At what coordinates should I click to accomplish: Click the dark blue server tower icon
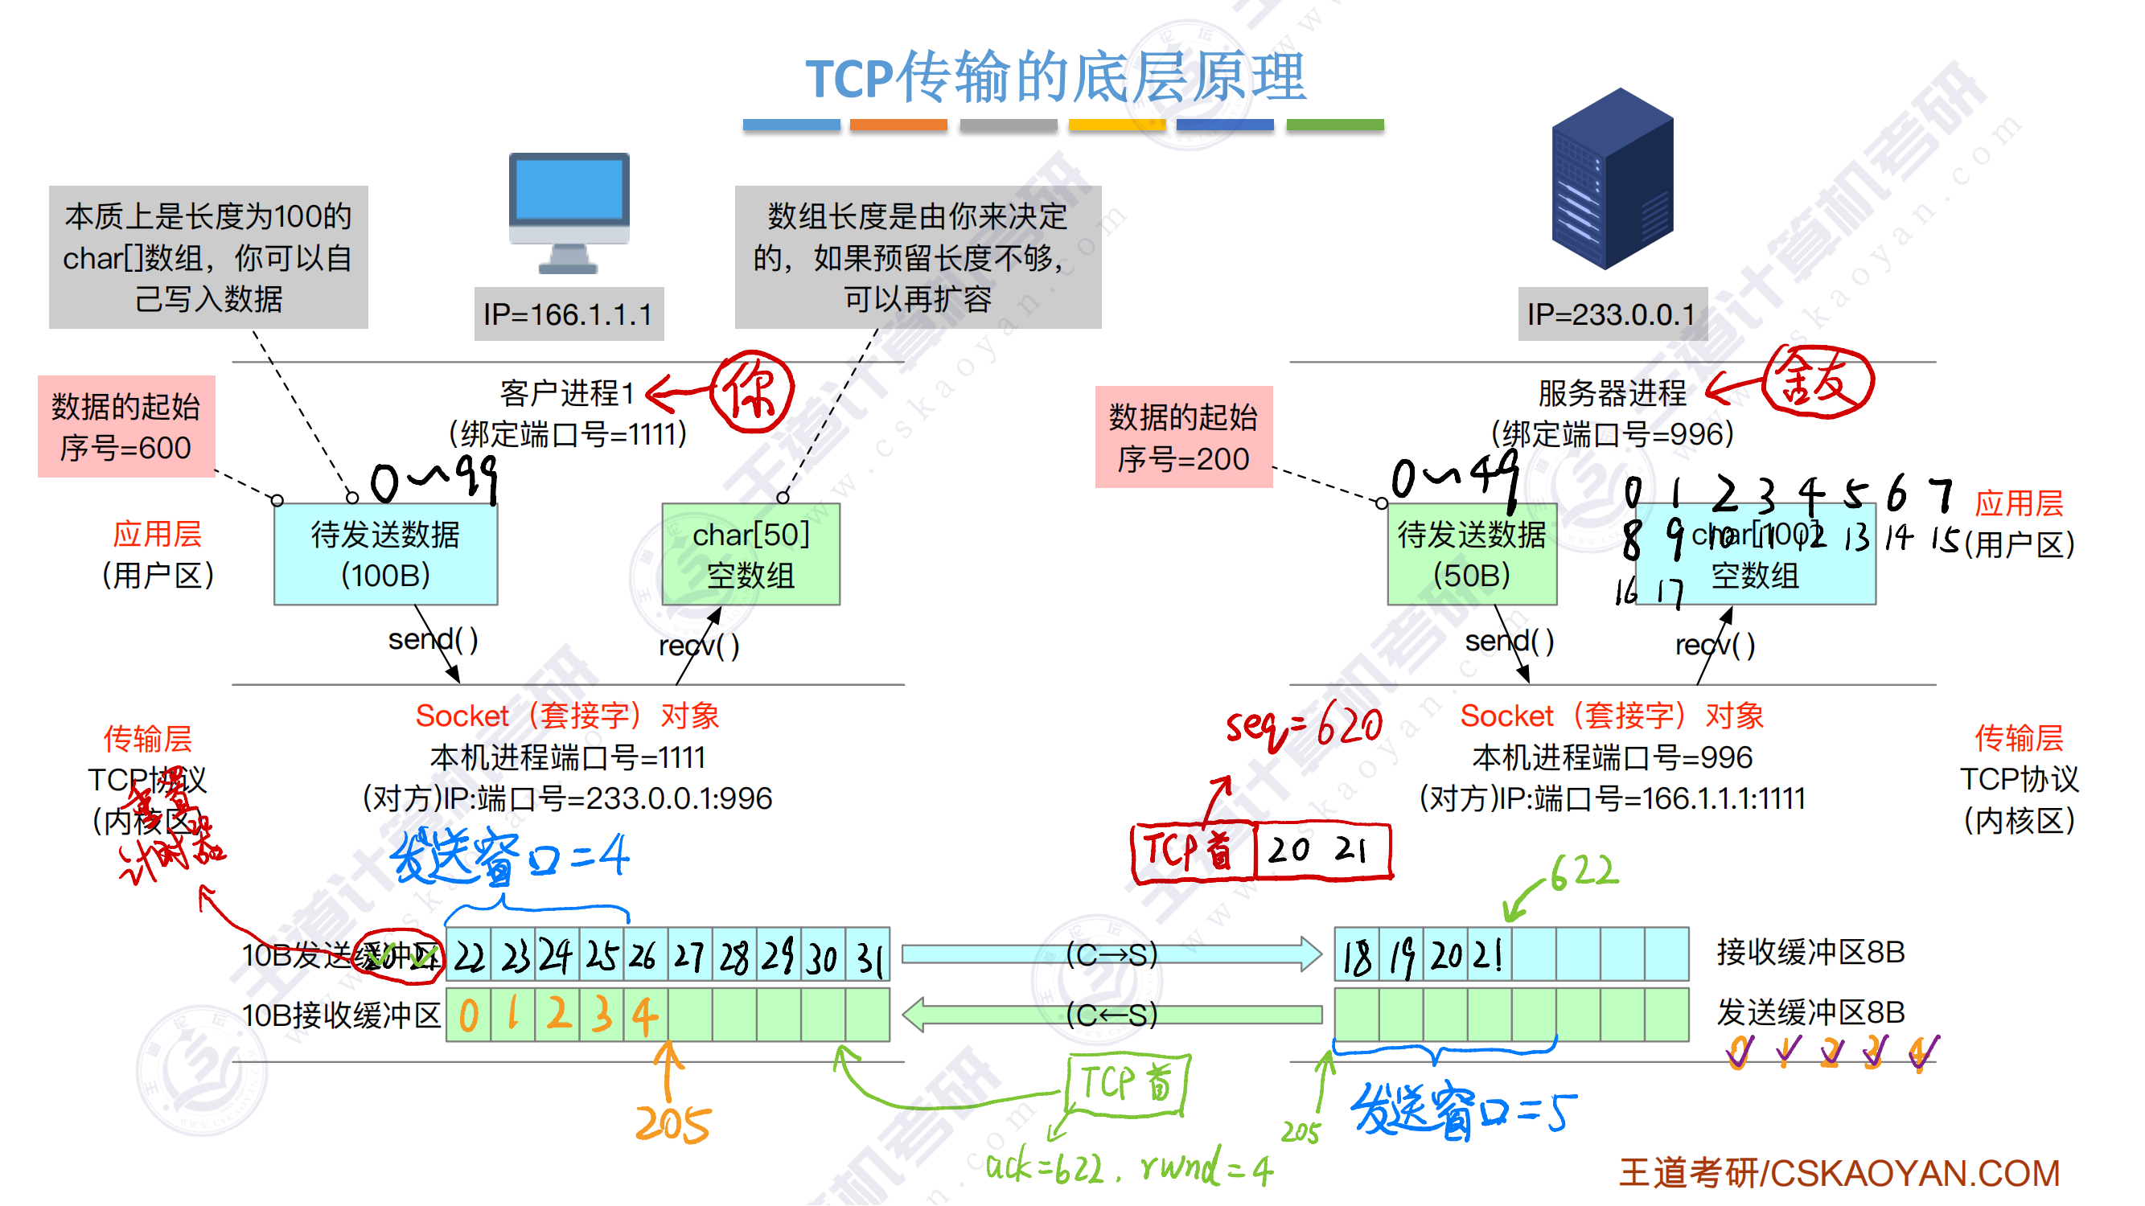1612,179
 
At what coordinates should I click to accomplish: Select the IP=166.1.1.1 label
569,314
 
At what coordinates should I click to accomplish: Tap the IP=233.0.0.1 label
1611,314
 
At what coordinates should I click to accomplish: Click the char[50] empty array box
750,554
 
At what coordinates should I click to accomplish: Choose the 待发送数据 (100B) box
385,554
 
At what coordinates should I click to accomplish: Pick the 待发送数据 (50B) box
1471,554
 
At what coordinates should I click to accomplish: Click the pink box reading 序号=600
126,426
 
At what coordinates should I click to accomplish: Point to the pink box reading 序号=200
1183,437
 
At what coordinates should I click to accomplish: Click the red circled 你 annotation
752,392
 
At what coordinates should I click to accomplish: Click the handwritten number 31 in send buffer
869,957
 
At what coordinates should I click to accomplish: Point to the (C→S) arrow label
1112,954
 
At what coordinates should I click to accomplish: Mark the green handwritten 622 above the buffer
1584,872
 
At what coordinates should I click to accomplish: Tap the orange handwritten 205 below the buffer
672,1124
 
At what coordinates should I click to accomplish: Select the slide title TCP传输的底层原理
1056,76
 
